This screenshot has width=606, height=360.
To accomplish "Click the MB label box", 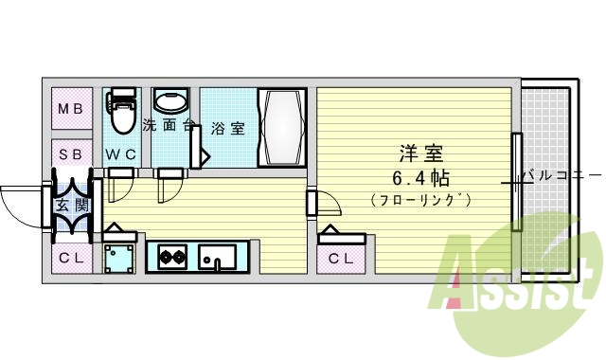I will [71, 110].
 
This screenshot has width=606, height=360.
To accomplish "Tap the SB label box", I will [71, 153].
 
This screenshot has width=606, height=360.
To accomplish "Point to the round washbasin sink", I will [170, 102].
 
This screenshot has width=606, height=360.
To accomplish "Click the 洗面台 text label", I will [169, 124].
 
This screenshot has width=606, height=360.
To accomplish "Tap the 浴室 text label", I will [227, 128].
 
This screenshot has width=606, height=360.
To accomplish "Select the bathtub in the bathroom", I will [282, 127].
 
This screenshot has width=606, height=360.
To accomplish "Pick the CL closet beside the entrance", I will [71, 255].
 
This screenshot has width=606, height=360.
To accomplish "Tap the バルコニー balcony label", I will [561, 175].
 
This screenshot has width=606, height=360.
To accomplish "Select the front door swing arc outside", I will [21, 202].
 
